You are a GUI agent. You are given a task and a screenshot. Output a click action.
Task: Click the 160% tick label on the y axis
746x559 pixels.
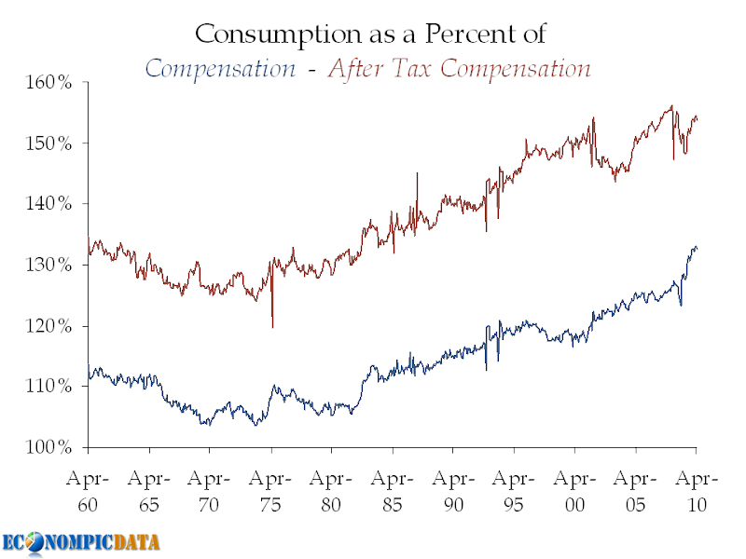tap(48, 82)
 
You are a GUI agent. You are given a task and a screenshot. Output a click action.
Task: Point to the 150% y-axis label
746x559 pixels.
tap(48, 143)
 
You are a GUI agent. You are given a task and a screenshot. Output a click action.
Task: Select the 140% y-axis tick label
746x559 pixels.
tap(48, 203)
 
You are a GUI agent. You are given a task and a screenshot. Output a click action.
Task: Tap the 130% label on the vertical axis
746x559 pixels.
tap(48, 265)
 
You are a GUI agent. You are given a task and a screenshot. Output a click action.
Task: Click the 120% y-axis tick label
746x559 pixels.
tap(48, 325)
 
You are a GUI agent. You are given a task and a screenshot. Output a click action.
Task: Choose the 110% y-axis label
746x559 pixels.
tap(48, 386)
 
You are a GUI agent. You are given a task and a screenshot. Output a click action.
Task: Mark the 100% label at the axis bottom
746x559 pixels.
tap(48, 447)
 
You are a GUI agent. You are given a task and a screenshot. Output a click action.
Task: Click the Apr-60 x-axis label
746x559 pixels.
tap(88, 492)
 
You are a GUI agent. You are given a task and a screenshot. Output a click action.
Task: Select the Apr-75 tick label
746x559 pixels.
tap(270, 492)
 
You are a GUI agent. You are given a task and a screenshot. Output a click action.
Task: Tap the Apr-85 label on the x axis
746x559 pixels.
tap(393, 492)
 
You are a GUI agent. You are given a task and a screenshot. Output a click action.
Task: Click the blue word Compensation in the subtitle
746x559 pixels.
tap(222, 69)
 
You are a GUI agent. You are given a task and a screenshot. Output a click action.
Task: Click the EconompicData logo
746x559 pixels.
tap(80, 542)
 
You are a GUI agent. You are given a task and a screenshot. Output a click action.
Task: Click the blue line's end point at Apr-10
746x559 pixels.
tap(697, 248)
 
